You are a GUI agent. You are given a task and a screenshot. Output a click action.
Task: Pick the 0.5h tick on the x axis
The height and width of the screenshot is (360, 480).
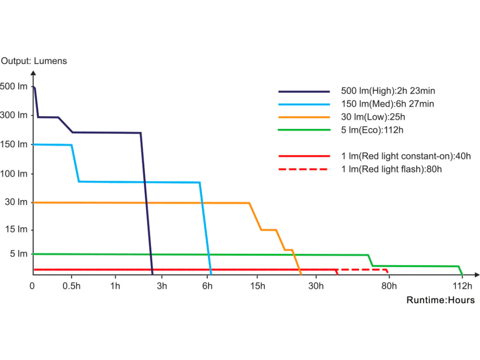[71, 286]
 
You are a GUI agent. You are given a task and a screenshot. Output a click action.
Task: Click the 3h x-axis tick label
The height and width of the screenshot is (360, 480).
[162, 286]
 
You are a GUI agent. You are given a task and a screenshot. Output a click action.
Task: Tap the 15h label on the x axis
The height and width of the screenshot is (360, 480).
[257, 286]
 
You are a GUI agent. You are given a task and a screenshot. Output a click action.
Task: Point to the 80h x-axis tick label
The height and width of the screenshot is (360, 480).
[389, 286]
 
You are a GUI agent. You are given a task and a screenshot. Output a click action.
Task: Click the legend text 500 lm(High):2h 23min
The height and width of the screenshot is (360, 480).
[391, 91]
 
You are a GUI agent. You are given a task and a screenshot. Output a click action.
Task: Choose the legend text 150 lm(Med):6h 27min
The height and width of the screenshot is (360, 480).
[388, 104]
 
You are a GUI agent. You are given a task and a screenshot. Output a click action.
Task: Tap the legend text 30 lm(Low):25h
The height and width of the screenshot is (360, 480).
[372, 117]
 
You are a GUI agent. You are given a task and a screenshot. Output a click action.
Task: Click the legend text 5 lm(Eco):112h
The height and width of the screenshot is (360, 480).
[372, 130]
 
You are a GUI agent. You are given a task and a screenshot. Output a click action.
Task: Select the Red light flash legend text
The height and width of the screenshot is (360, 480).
[391, 169]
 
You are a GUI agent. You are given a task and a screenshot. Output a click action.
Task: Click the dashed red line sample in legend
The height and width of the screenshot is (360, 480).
[304, 169]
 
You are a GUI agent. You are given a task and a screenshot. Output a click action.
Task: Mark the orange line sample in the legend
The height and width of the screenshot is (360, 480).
[304, 117]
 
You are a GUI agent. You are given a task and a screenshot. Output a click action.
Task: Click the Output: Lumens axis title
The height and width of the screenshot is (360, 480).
[34, 61]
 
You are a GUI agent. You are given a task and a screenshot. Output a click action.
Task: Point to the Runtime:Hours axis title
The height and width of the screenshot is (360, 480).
[440, 300]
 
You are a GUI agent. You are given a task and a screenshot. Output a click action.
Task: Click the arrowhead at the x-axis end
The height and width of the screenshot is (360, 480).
[476, 274]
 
